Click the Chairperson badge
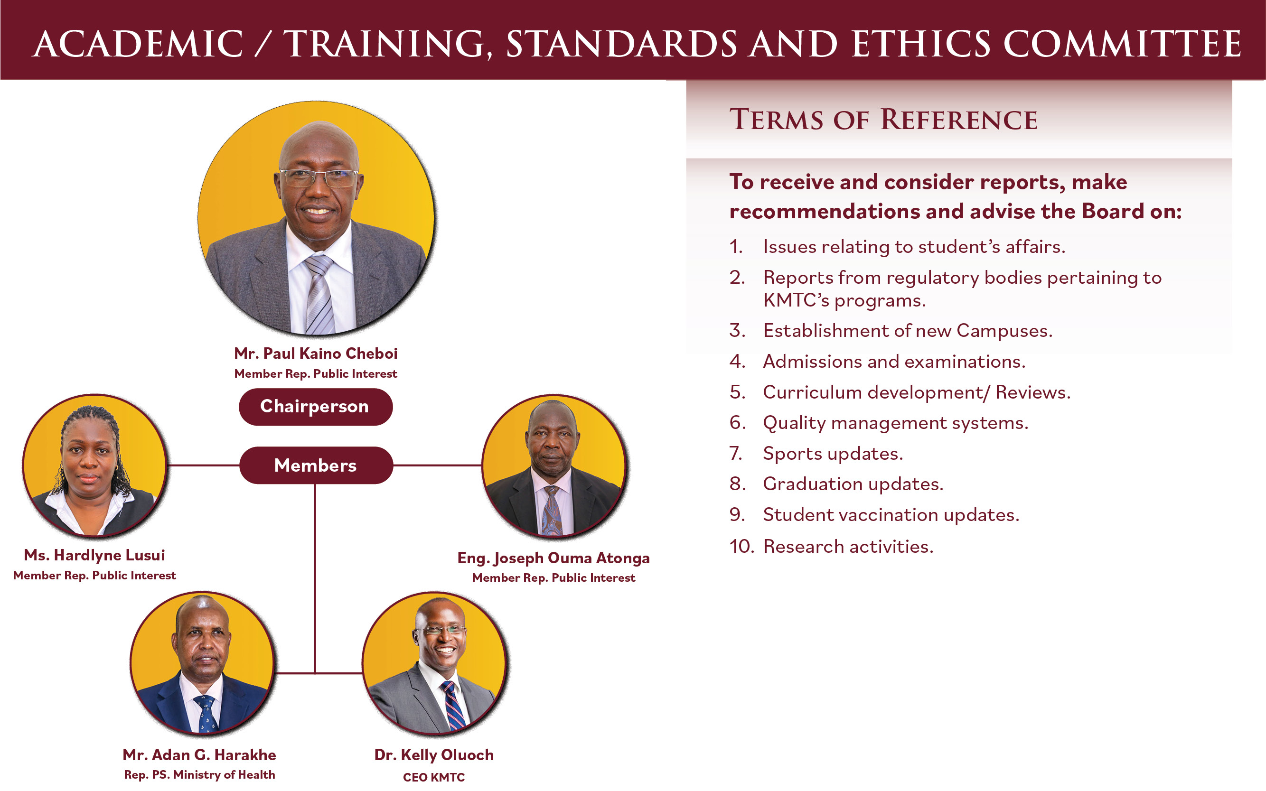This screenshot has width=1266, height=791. coord(316,407)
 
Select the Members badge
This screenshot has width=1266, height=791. coord(316,465)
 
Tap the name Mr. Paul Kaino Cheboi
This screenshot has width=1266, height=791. coord(316,354)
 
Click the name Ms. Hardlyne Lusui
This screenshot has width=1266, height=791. coord(94,556)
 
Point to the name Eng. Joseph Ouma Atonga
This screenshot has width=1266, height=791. coord(553,558)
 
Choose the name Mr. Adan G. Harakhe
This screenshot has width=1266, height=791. coord(199,755)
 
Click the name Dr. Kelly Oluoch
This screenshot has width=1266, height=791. coord(434,755)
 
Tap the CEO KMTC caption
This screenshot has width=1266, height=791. coord(434,777)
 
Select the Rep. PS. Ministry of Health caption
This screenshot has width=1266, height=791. coord(199,775)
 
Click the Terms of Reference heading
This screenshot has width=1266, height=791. coord(883,119)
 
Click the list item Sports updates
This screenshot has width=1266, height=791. coord(833,454)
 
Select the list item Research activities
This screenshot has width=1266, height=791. coord(848,547)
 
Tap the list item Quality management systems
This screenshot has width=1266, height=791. coord(895,423)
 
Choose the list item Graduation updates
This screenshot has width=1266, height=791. coord(853,484)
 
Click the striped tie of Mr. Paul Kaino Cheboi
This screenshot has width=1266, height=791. coord(320,295)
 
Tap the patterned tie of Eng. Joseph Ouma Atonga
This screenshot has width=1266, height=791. coord(552,510)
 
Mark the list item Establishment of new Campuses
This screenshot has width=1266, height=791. coord(908,331)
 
